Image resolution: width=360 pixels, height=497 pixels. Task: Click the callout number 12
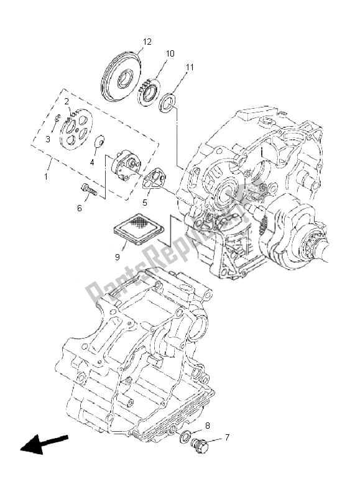[146, 42]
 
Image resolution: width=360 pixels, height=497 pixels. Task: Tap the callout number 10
[170, 54]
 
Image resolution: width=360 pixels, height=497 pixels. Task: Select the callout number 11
[190, 66]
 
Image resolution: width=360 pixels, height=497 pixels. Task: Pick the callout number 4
[93, 162]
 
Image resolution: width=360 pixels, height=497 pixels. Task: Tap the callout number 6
[79, 208]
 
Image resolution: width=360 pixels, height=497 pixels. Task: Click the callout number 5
[145, 202]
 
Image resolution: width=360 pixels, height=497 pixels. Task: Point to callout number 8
[208, 426]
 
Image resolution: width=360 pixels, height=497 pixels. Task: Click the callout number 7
[227, 437]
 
